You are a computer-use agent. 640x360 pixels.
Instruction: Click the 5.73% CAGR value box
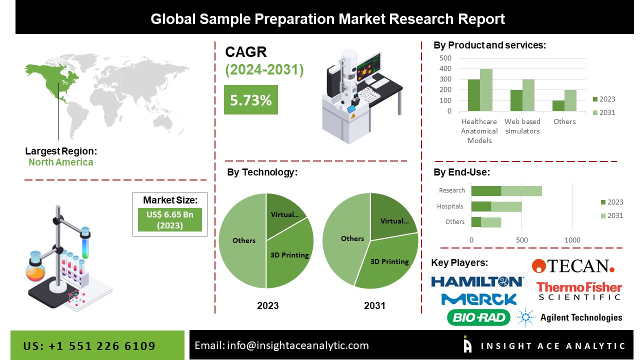pyautogui.click(x=250, y=100)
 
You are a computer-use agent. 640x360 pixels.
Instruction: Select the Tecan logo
pyautogui.click(x=573, y=265)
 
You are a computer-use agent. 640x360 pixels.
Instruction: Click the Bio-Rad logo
pyautogui.click(x=478, y=317)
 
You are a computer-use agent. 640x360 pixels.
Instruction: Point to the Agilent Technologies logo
pyautogui.click(x=569, y=317)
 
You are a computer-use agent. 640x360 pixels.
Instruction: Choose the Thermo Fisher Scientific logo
pyautogui.click(x=579, y=291)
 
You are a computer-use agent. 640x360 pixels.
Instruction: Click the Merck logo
pyautogui.click(x=478, y=299)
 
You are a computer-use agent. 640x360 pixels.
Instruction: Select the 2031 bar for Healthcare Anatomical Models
pyautogui.click(x=486, y=90)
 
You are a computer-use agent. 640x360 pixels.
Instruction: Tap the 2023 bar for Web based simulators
pyautogui.click(x=516, y=100)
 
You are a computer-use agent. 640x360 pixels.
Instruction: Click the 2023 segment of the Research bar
pyautogui.click(x=486, y=190)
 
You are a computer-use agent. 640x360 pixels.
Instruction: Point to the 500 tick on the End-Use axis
pyautogui.click(x=522, y=240)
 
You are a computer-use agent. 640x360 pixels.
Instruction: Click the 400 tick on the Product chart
pyautogui.click(x=445, y=68)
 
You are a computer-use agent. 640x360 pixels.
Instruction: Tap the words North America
pyautogui.click(x=60, y=162)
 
